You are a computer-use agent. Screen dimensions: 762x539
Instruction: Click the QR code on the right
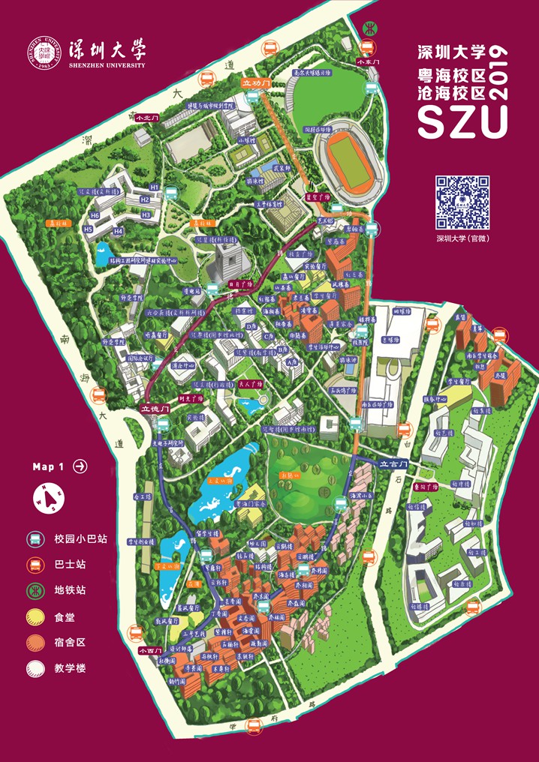[x=463, y=202]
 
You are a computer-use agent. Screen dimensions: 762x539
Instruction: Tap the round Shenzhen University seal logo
[x=46, y=53]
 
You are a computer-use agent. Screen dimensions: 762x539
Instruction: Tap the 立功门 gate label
[x=255, y=83]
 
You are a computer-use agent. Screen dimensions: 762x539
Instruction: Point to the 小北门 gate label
[x=143, y=118]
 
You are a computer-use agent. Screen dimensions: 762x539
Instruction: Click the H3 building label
[x=146, y=214]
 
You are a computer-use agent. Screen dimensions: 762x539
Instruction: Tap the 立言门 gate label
[x=393, y=463]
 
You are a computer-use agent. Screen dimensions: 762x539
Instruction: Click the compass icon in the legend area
[x=47, y=497]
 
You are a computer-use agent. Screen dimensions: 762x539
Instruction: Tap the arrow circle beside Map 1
[x=80, y=466]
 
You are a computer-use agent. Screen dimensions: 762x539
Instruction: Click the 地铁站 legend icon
[x=34, y=590]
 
